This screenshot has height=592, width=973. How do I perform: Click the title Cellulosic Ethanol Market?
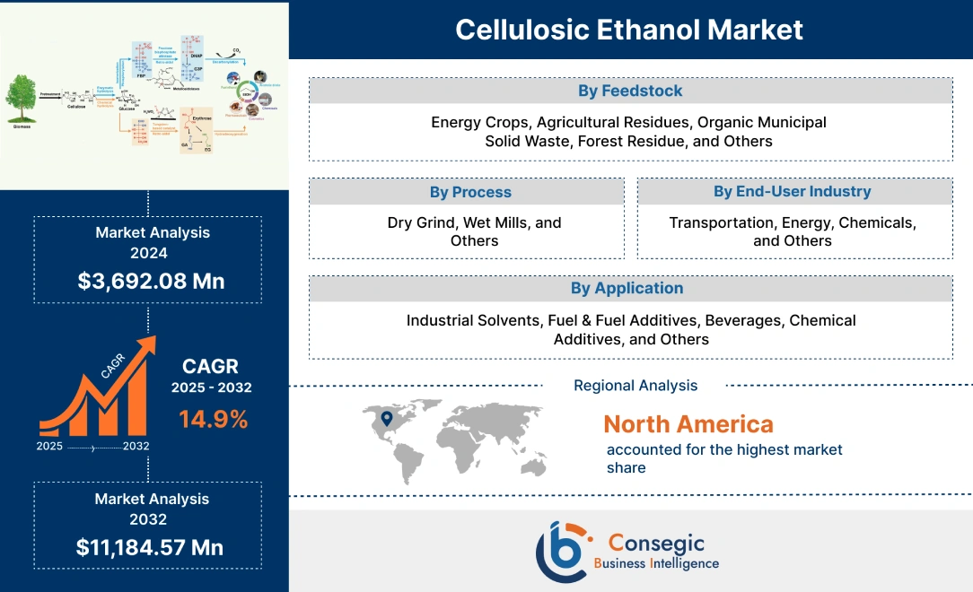629,30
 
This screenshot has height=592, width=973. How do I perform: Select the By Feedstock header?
630,91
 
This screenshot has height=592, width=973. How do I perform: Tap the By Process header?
469,192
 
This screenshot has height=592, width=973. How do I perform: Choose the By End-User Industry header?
792,191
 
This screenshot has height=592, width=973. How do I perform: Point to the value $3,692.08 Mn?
151,281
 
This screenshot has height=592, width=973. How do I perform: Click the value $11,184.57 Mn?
150,547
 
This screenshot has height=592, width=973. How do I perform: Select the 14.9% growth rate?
213,418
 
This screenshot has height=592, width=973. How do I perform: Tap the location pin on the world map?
387,418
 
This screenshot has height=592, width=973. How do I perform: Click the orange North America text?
688,423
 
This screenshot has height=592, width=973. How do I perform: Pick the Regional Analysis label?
635,385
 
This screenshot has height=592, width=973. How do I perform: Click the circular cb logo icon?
564,550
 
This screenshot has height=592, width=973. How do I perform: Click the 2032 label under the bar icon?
136,446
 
